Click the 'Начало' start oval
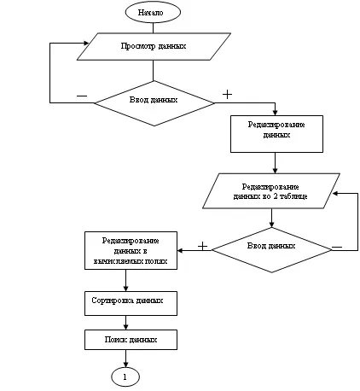(153, 12)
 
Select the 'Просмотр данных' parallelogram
(154, 46)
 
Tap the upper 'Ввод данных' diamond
(154, 103)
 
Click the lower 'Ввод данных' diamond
(271, 250)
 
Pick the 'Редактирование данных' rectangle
(276, 134)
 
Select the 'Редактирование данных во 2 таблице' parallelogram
(271, 191)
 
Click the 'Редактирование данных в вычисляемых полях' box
(131, 250)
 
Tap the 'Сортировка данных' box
(131, 303)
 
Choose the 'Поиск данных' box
(131, 340)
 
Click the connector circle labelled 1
(125, 377)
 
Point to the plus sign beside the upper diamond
(227, 94)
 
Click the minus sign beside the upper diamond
(82, 96)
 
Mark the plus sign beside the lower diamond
(202, 246)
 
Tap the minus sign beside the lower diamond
(337, 248)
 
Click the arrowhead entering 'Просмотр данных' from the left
(86, 44)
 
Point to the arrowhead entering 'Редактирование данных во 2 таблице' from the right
(335, 194)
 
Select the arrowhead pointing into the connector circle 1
(125, 365)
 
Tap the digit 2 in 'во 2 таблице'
(276, 196)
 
